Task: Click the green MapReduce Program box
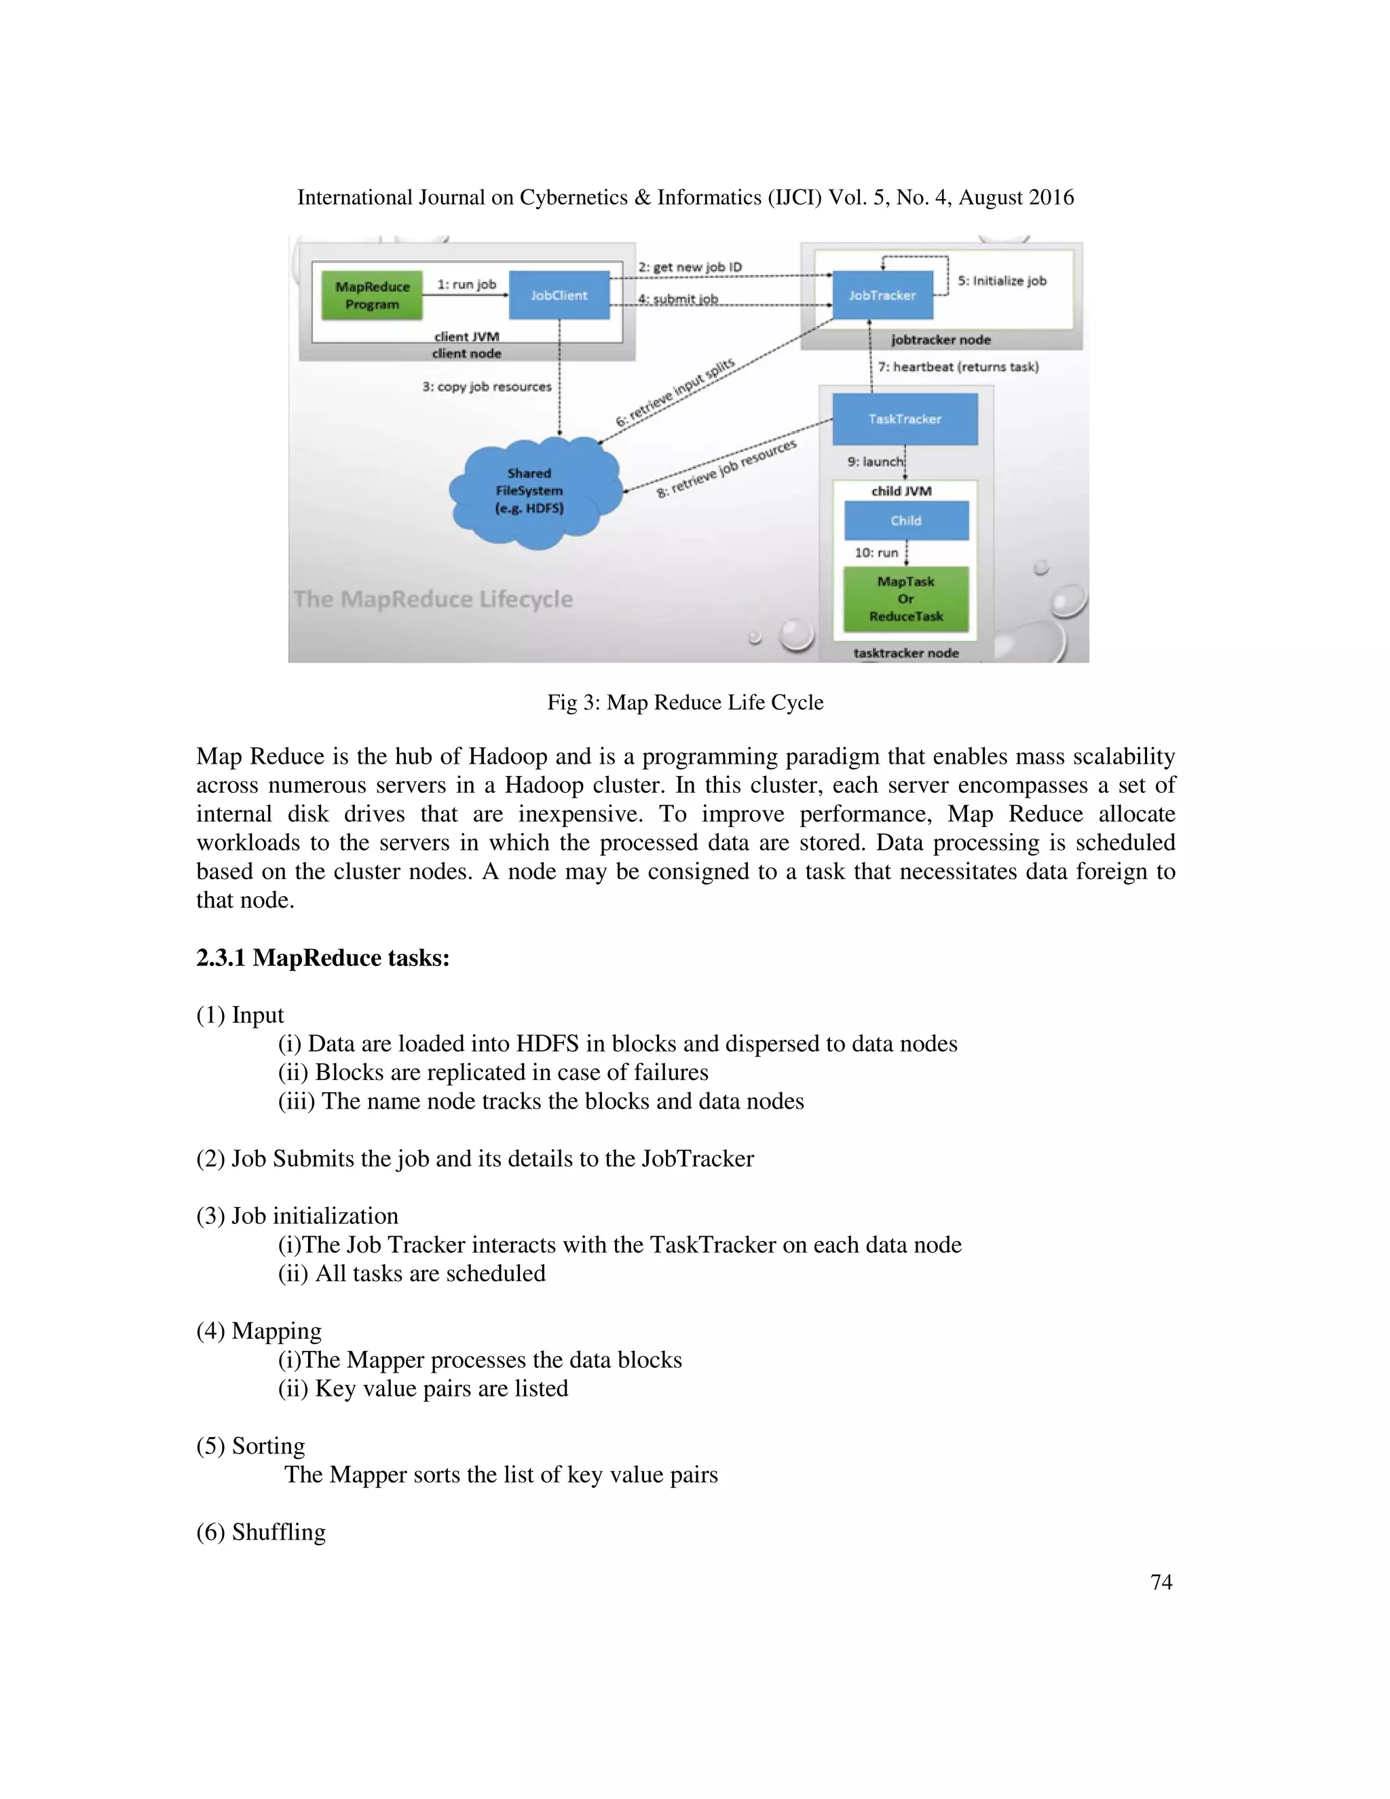(x=372, y=295)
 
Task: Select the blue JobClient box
(x=559, y=295)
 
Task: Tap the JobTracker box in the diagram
(x=882, y=295)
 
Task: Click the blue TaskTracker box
(x=904, y=418)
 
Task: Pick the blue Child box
(x=906, y=521)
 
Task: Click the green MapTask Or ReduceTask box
(x=906, y=599)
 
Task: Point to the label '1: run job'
(x=466, y=284)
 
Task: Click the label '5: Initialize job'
(x=1001, y=281)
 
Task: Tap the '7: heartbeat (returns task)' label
(x=958, y=367)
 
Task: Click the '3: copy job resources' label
(x=487, y=386)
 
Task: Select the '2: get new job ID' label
(x=690, y=267)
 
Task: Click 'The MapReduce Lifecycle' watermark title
(x=433, y=599)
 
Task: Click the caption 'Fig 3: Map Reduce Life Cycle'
(x=685, y=702)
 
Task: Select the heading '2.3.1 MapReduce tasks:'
(x=323, y=957)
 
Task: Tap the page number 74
(x=1161, y=1582)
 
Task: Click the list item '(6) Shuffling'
(x=261, y=1532)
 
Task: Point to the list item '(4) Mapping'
(x=259, y=1331)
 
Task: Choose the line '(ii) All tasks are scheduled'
(x=412, y=1273)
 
